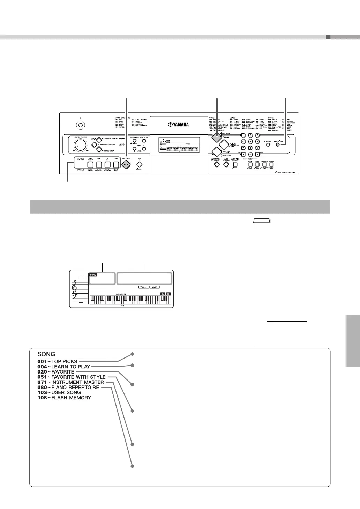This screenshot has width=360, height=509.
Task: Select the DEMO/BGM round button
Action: tap(278, 144)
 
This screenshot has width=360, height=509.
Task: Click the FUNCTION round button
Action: tap(268, 144)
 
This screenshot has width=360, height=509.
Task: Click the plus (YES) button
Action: tap(257, 154)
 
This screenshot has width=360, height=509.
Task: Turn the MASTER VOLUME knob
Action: tap(80, 145)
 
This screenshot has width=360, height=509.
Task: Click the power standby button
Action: tap(80, 125)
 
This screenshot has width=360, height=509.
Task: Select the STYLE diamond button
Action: tap(217, 152)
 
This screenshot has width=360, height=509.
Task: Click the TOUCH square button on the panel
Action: tap(271, 164)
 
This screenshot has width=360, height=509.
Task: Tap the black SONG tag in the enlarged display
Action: tap(93, 275)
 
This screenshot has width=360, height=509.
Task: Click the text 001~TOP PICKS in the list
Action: tap(58, 361)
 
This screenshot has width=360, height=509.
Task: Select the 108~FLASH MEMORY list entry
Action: tap(64, 398)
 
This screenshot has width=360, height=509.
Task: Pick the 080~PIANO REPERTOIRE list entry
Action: tap(68, 388)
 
